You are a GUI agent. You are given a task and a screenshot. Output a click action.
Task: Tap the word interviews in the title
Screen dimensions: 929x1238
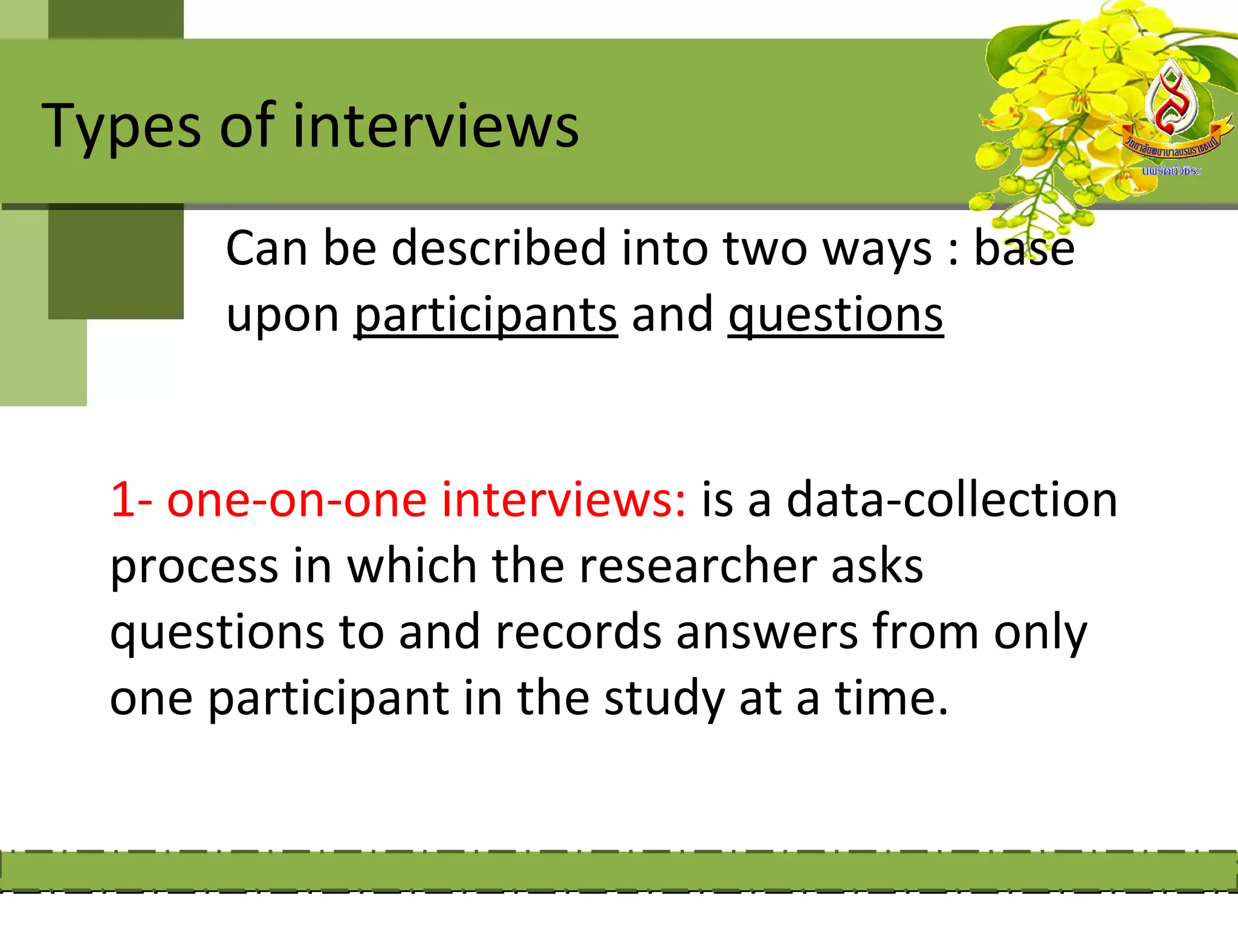pyautogui.click(x=435, y=126)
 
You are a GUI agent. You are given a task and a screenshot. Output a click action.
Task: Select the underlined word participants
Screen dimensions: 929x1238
pyautogui.click(x=485, y=316)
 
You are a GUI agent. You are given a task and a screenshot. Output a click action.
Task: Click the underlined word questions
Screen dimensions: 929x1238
pyautogui.click(x=835, y=316)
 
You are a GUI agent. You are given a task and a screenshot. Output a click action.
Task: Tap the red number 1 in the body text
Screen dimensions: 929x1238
pyautogui.click(x=123, y=500)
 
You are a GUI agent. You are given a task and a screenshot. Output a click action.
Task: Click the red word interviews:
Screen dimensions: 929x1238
pyautogui.click(x=564, y=500)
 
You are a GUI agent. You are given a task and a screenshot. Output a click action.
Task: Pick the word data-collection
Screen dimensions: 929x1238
pyautogui.click(x=951, y=500)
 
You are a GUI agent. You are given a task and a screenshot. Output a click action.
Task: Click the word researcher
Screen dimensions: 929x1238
pyautogui.click(x=698, y=566)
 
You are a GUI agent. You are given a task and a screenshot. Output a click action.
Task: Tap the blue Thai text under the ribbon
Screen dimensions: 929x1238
pyautogui.click(x=1172, y=171)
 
